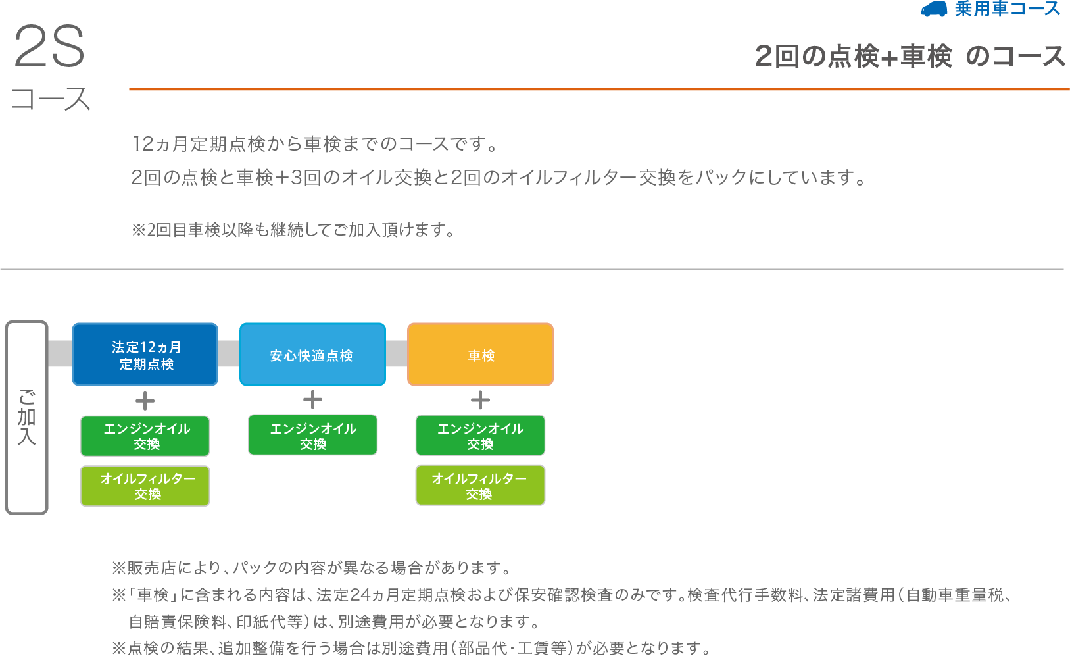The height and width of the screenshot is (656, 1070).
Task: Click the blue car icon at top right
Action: coord(934,9)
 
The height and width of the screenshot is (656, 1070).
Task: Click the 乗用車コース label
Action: coord(1007,9)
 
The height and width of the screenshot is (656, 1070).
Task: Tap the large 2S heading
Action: coord(49,47)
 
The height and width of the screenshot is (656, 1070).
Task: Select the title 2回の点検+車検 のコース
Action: coord(910,57)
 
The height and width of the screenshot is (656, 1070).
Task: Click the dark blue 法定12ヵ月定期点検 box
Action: coord(145,355)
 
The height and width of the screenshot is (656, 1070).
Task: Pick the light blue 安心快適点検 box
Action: coord(312,355)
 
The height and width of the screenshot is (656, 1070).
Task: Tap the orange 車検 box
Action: coord(480,355)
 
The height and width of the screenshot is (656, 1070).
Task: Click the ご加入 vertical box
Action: coord(27,417)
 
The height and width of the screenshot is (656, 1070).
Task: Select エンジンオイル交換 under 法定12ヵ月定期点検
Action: coord(145,436)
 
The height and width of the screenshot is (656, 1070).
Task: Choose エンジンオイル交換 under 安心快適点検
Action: coord(313,436)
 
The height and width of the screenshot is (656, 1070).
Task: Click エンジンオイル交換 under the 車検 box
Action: coord(480,436)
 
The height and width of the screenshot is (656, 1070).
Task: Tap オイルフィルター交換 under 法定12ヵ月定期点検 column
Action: coord(145,486)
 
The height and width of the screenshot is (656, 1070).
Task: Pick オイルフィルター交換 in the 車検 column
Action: coord(480,486)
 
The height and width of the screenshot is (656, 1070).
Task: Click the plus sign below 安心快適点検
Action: coord(313,400)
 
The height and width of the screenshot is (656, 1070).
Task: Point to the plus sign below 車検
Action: coord(481,400)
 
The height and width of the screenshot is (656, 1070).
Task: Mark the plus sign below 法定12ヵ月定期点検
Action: coord(145,401)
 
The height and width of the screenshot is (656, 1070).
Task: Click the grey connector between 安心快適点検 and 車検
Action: coord(397,354)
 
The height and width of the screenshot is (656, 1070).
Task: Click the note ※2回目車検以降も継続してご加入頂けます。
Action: coord(293,230)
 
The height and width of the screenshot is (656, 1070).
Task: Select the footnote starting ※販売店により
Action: coord(311,568)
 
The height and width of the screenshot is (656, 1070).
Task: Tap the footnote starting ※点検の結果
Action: coord(411,648)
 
